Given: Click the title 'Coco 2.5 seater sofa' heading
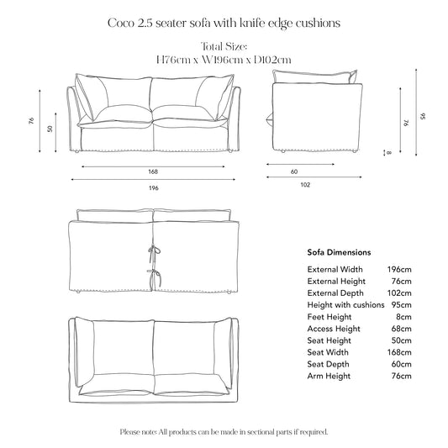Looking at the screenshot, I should point(224,23).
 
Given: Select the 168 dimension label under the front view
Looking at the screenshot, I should point(151,172).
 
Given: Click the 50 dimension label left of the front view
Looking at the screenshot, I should point(50,129).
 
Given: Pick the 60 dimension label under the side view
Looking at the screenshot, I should point(293,172).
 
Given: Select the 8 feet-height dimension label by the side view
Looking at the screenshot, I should point(387,152).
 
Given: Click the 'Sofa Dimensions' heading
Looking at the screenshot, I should point(340,252).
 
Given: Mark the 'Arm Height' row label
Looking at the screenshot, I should point(329,377).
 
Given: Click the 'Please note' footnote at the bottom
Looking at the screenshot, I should point(224,431).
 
